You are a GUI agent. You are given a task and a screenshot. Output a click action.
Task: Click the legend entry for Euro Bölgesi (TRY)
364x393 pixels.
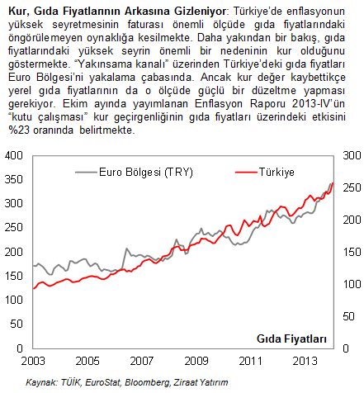click(134, 173)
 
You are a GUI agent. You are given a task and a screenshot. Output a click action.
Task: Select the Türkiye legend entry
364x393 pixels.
click(265, 173)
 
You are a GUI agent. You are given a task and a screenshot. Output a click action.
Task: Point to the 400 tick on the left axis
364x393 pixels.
click(14, 155)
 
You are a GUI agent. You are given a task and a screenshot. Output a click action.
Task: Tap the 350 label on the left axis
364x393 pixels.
click(14, 179)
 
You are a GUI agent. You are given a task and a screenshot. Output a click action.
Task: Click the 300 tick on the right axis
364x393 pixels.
click(352, 155)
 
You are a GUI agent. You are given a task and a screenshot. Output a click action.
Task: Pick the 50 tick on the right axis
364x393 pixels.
click(349, 316)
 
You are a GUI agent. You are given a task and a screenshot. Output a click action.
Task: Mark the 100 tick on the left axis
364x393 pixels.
click(14, 300)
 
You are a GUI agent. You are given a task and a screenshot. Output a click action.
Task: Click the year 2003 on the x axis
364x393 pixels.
click(33, 361)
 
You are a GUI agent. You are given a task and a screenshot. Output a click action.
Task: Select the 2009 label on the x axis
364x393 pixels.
click(196, 361)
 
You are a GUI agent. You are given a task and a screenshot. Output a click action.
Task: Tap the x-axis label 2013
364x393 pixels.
click(305, 361)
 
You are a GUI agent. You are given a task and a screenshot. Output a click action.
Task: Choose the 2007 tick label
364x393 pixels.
click(142, 361)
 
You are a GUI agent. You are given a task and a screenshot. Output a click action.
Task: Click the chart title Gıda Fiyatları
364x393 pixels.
click(291, 339)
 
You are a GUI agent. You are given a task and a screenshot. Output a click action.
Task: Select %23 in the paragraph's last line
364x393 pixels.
click(19, 130)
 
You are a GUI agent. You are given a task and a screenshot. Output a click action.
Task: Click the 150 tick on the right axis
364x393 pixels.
click(352, 252)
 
